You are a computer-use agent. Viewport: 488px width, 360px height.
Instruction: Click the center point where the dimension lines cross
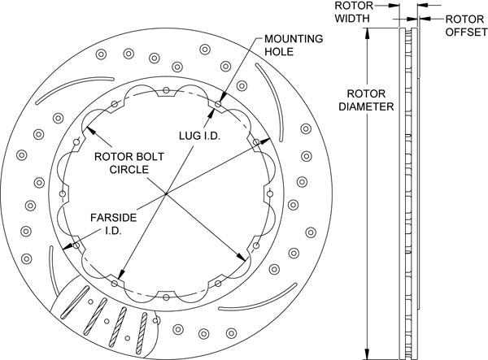tap(166, 193)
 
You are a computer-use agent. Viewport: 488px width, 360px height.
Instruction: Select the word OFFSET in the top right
tap(465, 33)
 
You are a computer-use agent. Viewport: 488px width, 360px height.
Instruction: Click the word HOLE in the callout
tap(277, 51)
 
